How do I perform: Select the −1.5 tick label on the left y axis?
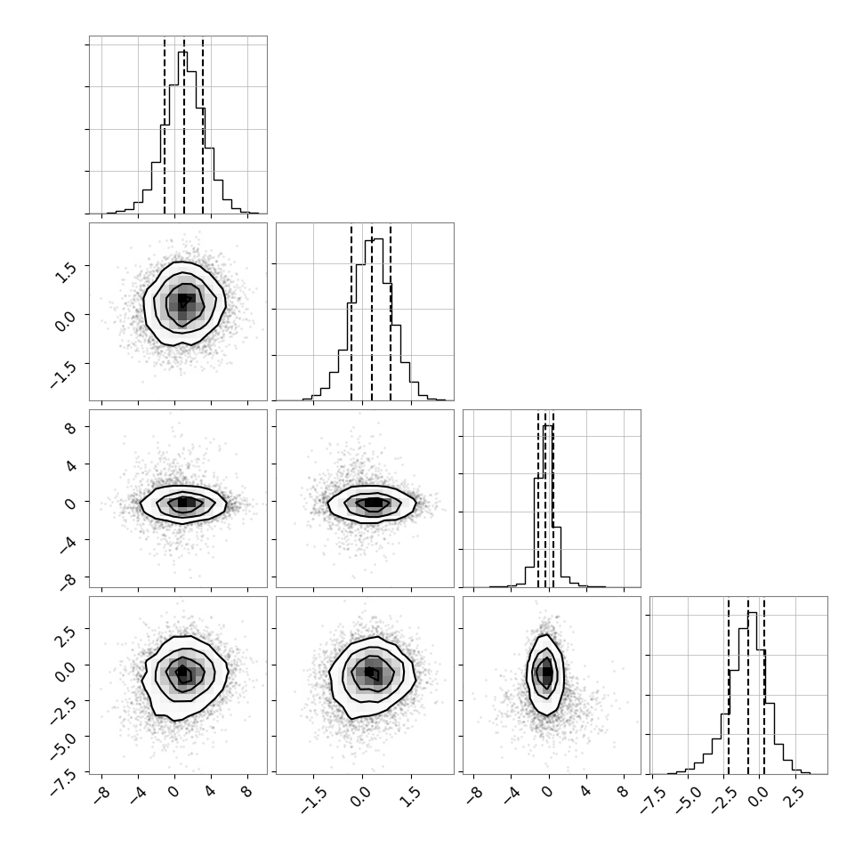tap(62, 376)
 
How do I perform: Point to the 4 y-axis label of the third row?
tap(70, 464)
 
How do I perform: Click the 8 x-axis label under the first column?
tap(246, 792)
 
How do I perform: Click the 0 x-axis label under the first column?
tap(173, 792)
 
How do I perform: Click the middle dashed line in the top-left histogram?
tap(184, 126)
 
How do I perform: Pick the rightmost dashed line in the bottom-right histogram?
tap(764, 686)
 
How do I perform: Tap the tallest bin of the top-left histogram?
tap(182, 133)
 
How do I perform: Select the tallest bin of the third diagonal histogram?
tap(548, 506)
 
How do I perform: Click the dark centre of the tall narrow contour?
tap(546, 672)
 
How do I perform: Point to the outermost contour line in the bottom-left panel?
tap(142, 681)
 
